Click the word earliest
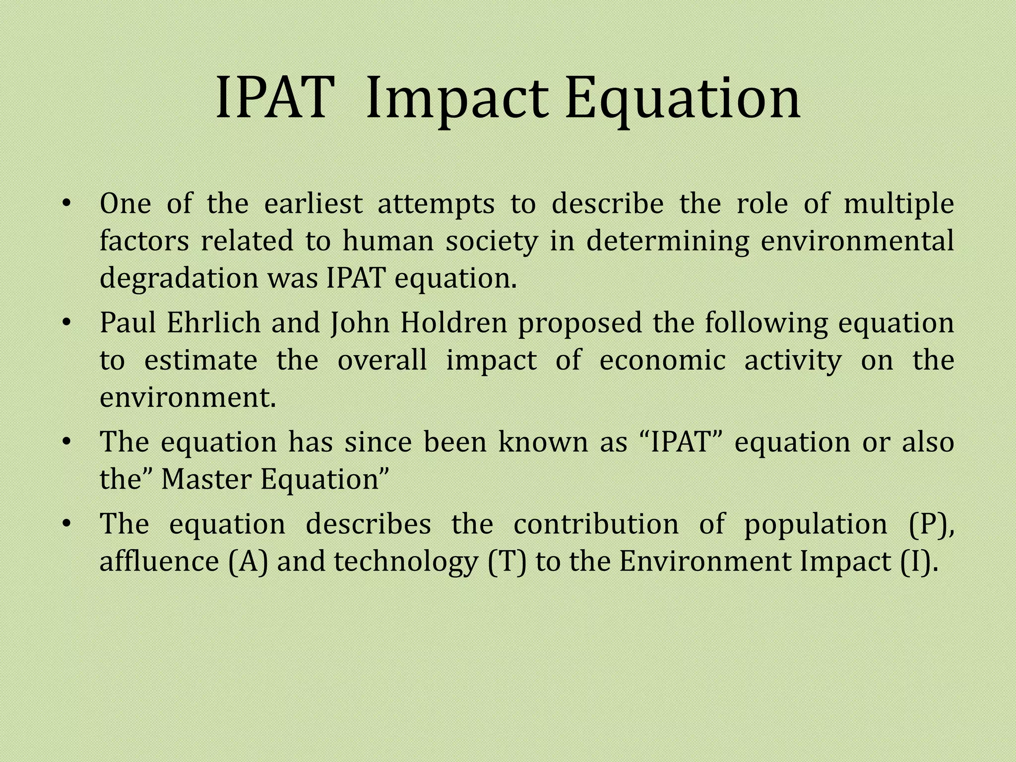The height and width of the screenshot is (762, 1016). coord(314,204)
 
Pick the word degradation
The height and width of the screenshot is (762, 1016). coord(179,279)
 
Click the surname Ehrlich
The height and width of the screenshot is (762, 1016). coord(214,323)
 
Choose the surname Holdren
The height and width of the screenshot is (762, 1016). coord(454,323)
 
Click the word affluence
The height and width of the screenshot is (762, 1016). coord(159,562)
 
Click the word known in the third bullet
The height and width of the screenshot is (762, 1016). coord(542,442)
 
